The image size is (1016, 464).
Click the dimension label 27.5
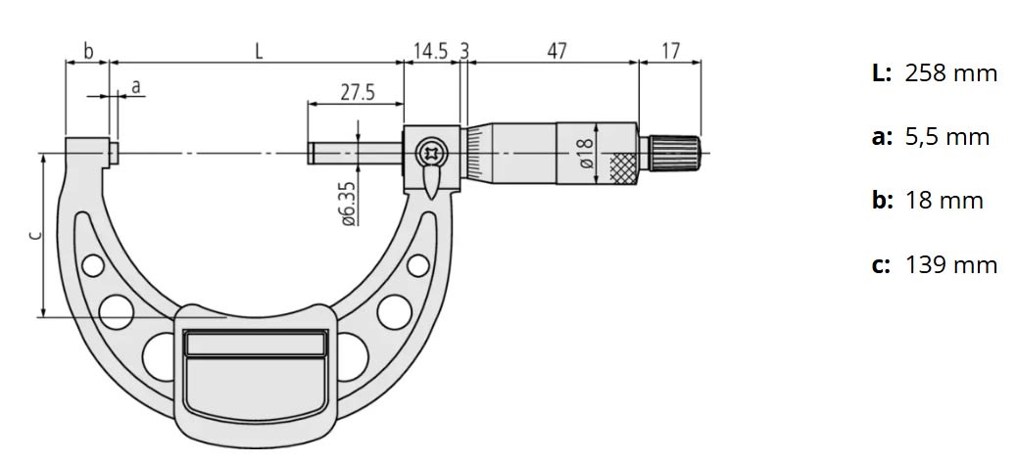coord(358,92)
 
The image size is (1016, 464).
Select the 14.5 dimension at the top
coord(430,51)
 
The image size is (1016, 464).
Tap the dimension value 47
coord(556,51)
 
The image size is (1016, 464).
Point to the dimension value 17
coord(670,51)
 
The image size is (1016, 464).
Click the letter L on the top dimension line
coord(259,51)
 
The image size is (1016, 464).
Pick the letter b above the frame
coord(87,51)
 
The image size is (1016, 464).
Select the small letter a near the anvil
coord(136,86)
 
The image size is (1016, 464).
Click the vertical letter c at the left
coord(33,235)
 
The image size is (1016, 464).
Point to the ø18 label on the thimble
coord(585,154)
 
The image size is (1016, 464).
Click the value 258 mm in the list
coord(950,72)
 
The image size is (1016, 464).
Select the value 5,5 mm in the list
coord(946,137)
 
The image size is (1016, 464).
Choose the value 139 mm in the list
coord(950,265)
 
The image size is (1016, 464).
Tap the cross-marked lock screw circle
coord(429,153)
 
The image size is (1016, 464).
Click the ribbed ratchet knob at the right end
coord(675,153)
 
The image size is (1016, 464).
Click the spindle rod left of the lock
coord(353,153)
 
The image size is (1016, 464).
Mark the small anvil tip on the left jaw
coord(115,153)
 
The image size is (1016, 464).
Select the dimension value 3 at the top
coord(463,51)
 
